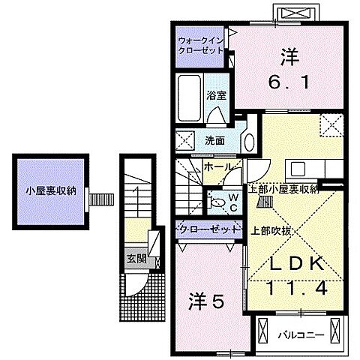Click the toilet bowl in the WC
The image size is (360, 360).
click(217, 200)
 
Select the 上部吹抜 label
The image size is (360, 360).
click(270, 231)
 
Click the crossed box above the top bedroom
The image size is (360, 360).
click(290, 13)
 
